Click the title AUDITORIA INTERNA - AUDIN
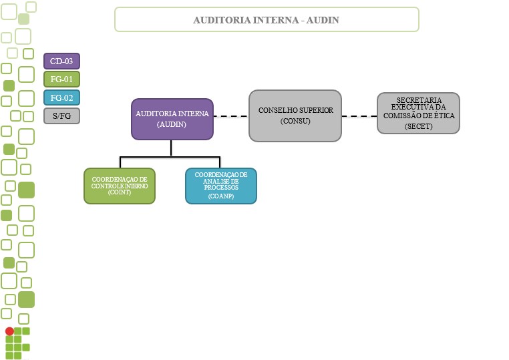point(267,19)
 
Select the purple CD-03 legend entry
point(61,61)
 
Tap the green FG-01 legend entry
point(61,79)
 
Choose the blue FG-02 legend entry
point(61,98)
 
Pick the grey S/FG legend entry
point(61,116)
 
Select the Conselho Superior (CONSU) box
point(295,116)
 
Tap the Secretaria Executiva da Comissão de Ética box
point(418,113)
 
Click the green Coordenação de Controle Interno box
point(120,185)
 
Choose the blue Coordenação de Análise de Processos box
point(220,185)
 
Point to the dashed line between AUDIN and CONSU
point(226,116)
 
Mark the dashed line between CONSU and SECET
point(359,116)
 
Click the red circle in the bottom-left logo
point(9,331)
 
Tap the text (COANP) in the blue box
point(220,196)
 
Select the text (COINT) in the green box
point(120,192)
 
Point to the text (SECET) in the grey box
point(418,126)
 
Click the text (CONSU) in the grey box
point(295,121)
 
